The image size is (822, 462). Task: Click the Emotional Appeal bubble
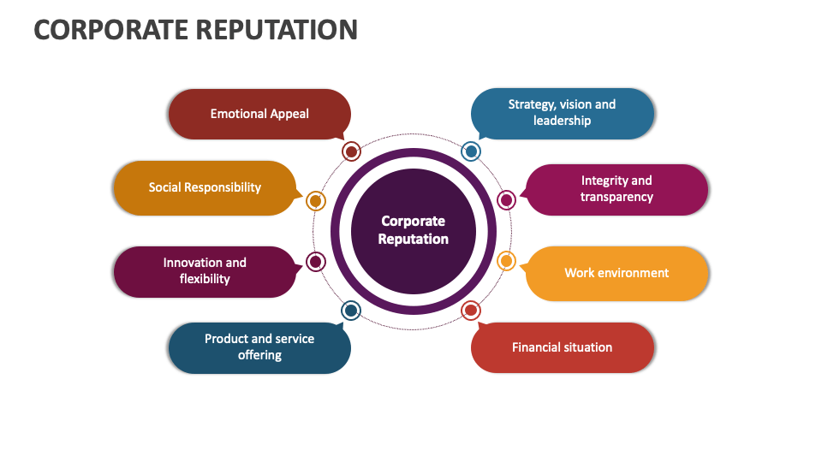[259, 114]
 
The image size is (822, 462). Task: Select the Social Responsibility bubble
[205, 187]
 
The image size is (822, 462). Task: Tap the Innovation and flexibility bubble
[205, 271]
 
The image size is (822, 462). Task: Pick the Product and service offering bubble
[259, 347]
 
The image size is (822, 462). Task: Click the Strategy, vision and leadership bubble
[562, 113]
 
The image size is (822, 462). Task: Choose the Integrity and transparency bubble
[616, 189]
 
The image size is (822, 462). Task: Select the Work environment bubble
[616, 273]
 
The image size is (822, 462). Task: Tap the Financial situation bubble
[562, 347]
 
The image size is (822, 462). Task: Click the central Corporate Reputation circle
[414, 230]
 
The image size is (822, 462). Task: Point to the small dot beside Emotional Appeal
[350, 152]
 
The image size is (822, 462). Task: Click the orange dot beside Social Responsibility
[315, 201]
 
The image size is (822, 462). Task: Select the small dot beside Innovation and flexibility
[315, 262]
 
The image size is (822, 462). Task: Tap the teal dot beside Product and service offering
[350, 311]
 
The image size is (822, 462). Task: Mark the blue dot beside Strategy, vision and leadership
[471, 151]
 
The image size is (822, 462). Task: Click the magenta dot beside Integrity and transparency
[506, 200]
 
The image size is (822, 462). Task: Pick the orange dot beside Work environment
[506, 261]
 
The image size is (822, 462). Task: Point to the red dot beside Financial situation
[471, 311]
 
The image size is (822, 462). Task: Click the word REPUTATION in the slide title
[277, 30]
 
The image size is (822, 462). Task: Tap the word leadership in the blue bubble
[562, 121]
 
